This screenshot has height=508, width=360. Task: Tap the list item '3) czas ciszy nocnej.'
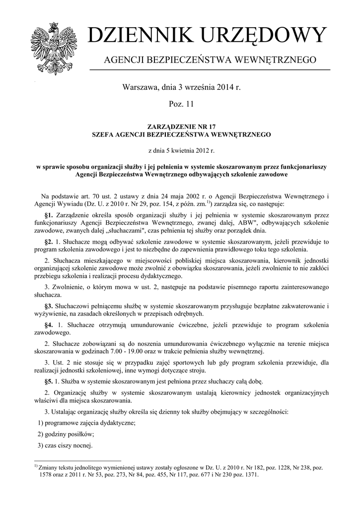(66, 445)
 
